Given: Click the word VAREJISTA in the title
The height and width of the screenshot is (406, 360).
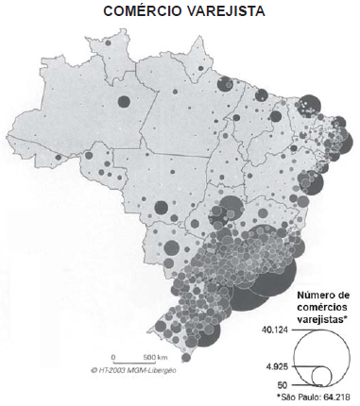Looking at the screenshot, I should pyautogui.click(x=225, y=12).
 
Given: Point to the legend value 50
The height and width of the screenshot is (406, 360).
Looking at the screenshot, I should pyautogui.click(x=281, y=385).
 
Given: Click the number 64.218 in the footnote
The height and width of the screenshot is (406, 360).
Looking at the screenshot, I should pyautogui.click(x=335, y=398).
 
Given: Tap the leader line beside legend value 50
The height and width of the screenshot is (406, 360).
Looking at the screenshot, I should pyautogui.click(x=300, y=385).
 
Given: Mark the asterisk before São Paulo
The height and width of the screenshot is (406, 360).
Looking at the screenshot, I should pyautogui.click(x=277, y=398).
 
